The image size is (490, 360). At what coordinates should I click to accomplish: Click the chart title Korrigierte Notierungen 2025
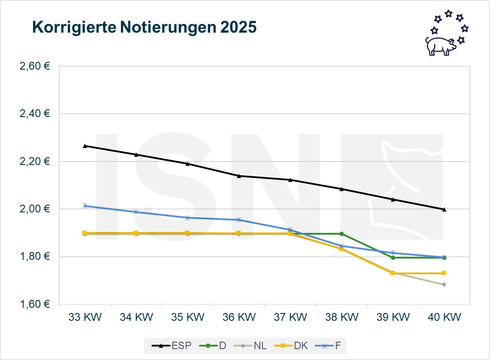pyautogui.click(x=144, y=27)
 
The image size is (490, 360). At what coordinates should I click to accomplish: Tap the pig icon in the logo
pyautogui.click(x=440, y=45)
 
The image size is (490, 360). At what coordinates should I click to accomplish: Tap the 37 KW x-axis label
pyautogui.click(x=290, y=317)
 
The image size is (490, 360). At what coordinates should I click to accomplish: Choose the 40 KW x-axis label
pyautogui.click(x=444, y=317)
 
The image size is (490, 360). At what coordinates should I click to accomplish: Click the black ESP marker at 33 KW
pyautogui.click(x=85, y=146)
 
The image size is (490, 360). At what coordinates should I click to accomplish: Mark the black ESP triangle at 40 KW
pyautogui.click(x=444, y=209)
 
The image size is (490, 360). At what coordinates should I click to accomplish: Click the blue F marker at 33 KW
pyautogui.click(x=85, y=206)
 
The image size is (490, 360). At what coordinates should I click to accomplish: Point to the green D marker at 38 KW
pyautogui.click(x=341, y=234)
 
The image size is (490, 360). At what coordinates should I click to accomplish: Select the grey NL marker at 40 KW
pyautogui.click(x=444, y=285)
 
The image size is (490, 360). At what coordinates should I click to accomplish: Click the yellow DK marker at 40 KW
pyautogui.click(x=444, y=273)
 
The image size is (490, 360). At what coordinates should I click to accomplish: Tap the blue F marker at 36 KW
pyautogui.click(x=238, y=220)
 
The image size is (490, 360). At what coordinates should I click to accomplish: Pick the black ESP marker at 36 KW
pyautogui.click(x=238, y=176)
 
